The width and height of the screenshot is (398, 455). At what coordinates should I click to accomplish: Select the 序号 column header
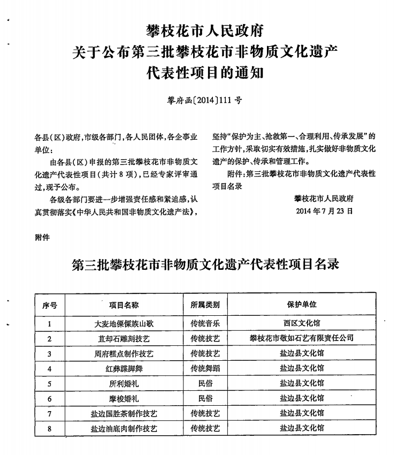[x=50, y=305]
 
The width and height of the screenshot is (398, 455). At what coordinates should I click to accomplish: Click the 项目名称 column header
[x=124, y=305]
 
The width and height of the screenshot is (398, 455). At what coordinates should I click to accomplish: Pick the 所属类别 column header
[x=205, y=305]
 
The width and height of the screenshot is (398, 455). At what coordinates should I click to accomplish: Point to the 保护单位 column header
[x=302, y=305]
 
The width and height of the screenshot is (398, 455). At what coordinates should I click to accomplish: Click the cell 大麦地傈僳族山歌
[x=124, y=323]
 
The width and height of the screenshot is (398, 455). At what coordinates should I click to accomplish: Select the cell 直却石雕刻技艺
[x=124, y=339]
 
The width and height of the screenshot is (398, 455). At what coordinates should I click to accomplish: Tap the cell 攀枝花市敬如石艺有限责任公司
[x=302, y=339]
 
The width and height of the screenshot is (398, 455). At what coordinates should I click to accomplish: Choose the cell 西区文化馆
[x=302, y=323]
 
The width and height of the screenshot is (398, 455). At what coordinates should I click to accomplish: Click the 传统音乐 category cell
[x=205, y=323]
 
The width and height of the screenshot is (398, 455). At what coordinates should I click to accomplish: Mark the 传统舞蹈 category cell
[x=205, y=369]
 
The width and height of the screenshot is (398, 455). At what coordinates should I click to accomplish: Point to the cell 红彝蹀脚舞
[x=124, y=369]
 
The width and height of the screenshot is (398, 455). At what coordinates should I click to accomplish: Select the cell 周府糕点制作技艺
[x=124, y=354]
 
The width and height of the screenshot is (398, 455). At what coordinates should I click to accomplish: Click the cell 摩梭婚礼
[x=124, y=399]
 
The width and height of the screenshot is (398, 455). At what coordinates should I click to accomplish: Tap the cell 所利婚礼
[x=124, y=384]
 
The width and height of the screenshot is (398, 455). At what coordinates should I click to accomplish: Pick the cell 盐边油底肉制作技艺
[x=124, y=429]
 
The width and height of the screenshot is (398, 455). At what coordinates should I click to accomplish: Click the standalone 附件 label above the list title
[x=42, y=238]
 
